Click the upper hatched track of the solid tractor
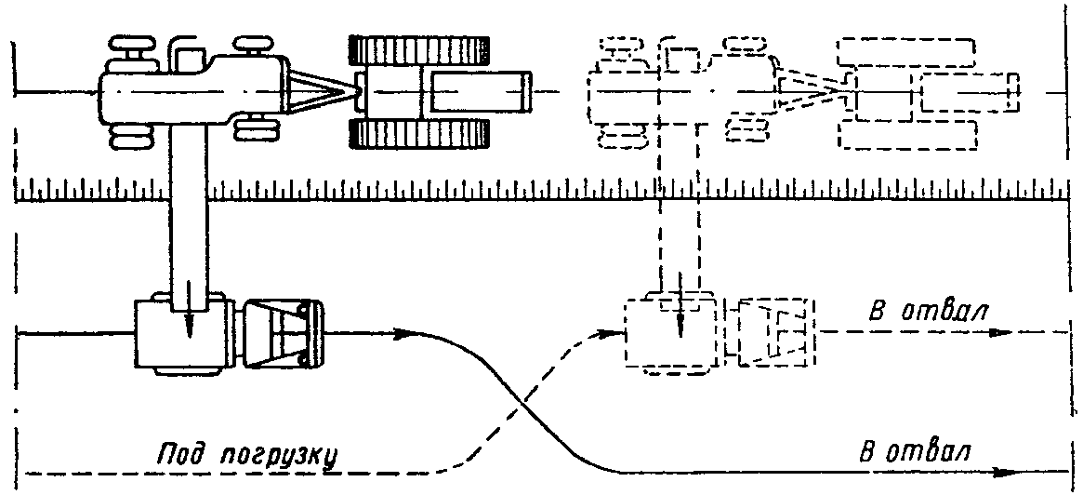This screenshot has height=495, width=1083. pyautogui.click(x=419, y=50)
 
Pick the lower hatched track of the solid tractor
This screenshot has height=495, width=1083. pyautogui.click(x=419, y=133)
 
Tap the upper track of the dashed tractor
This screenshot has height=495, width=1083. pyautogui.click(x=905, y=52)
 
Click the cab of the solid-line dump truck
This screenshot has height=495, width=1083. pyautogui.click(x=281, y=334)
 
